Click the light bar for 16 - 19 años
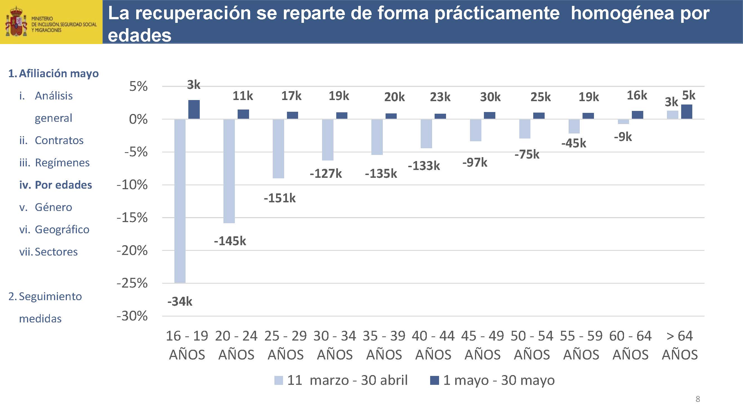tap(180, 201)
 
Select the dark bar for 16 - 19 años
tap(194, 109)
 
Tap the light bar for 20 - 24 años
tap(229, 171)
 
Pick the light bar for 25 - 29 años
tap(278, 149)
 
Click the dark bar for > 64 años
tap(686, 112)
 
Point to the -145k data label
tap(230, 241)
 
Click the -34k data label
tap(180, 302)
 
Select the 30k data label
tap(490, 97)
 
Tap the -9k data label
tap(623, 137)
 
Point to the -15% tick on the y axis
tap(132, 218)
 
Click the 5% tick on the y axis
tap(138, 86)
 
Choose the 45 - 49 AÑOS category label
tap(483, 345)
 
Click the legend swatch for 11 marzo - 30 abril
tap(278, 380)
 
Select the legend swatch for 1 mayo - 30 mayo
tap(434, 380)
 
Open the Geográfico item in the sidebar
tap(62, 230)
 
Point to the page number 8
tap(698, 399)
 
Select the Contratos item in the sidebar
tap(59, 140)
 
